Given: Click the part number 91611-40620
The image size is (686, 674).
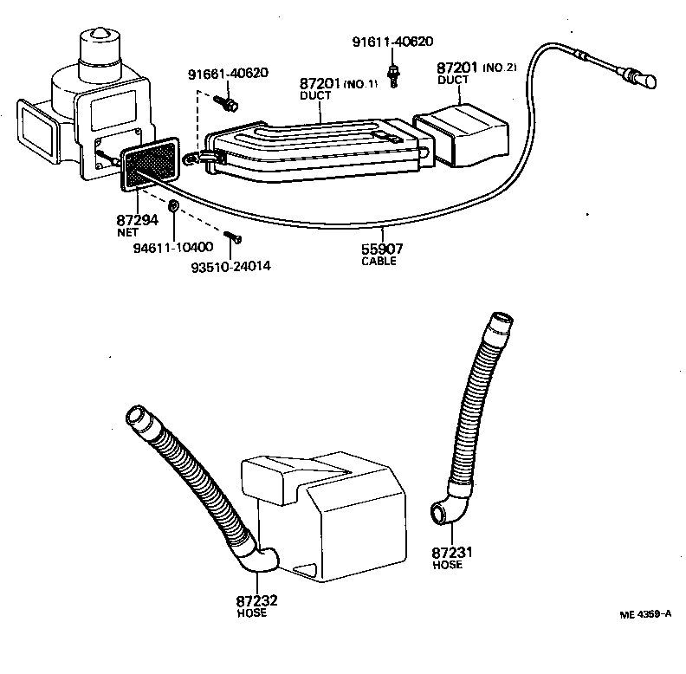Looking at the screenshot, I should (x=392, y=41).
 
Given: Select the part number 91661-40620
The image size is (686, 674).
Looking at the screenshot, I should (x=229, y=75).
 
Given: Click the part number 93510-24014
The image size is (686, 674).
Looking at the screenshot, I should (x=230, y=266).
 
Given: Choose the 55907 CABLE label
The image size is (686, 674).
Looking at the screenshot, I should (x=382, y=254).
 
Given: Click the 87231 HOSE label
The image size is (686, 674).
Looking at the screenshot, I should (x=450, y=557).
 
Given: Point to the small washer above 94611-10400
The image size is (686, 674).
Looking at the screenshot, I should (x=174, y=206).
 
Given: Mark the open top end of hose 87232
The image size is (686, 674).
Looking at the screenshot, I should (x=137, y=418).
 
